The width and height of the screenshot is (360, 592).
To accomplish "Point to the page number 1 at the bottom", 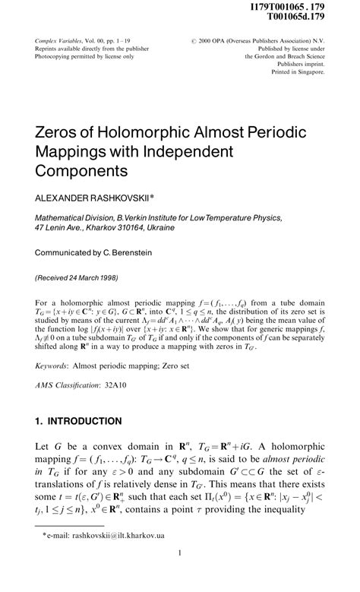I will click(180, 575).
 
